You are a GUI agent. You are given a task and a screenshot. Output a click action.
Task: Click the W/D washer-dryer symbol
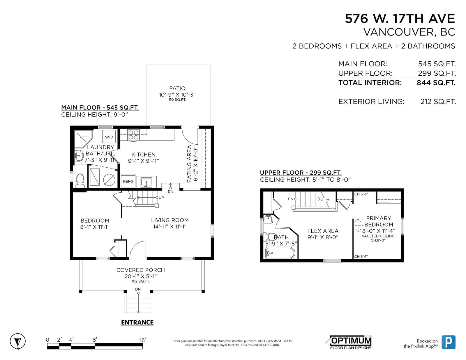tap(109, 136)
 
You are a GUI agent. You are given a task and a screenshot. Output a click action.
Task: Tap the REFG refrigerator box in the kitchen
tap(128, 181)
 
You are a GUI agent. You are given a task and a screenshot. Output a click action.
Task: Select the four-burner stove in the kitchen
tap(133, 135)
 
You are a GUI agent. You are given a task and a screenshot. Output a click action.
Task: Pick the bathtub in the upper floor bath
tap(280, 253)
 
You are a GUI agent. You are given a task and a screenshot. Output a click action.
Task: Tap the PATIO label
tap(177, 88)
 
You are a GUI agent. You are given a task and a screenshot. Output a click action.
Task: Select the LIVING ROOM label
tap(170, 220)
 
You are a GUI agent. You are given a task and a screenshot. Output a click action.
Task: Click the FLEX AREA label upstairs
tap(323, 231)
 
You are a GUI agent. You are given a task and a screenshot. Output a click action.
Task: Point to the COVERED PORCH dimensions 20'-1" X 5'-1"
tap(141, 276)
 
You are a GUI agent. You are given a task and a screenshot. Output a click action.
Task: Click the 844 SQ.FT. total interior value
tap(436, 83)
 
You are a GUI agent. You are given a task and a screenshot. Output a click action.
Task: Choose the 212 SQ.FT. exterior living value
tap(438, 102)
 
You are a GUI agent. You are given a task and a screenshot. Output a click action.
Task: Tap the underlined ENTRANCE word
tap(137, 322)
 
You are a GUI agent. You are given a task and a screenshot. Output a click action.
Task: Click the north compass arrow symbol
tap(18, 341)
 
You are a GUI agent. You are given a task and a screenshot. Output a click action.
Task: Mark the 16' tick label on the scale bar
tap(142, 340)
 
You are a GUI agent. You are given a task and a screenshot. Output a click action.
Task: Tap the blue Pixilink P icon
tap(449, 342)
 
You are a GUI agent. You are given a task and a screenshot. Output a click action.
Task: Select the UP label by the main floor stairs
tap(161, 197)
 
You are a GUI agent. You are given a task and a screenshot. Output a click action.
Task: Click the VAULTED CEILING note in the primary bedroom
tap(378, 236)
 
